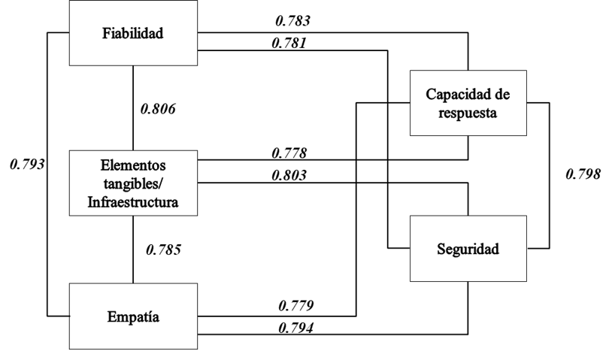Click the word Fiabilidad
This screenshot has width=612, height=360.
click(x=133, y=34)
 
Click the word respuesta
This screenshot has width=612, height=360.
click(x=468, y=113)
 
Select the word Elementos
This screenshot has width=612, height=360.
click(x=133, y=165)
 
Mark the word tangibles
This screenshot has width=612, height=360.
click(x=130, y=183)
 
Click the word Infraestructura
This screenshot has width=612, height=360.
click(x=133, y=202)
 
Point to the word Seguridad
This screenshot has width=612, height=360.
click(x=468, y=249)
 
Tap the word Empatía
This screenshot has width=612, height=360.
click(x=133, y=316)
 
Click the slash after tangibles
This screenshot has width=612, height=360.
click(x=162, y=184)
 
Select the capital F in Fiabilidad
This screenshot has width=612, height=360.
click(x=106, y=34)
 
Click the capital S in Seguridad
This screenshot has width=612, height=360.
click(x=441, y=249)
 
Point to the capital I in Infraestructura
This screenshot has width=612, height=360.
click(x=91, y=202)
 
